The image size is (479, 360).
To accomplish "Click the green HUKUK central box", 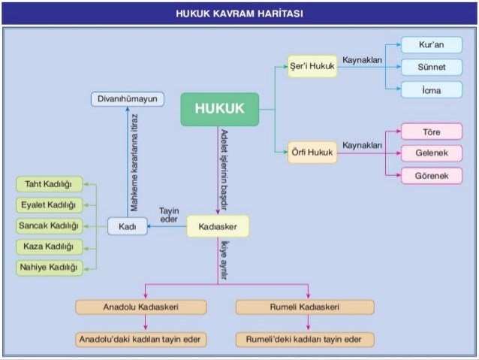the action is click(219, 109).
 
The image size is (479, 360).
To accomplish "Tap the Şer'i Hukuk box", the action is click(312, 66).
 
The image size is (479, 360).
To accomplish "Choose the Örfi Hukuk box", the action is click(312, 153).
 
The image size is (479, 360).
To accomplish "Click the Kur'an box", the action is click(431, 45).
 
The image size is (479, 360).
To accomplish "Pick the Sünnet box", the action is click(431, 67).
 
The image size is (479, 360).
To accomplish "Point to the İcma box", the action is click(431, 89).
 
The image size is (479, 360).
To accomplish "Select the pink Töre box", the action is click(431, 132).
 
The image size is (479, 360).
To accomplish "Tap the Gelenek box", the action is click(431, 153).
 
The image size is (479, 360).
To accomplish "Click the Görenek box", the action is click(431, 175).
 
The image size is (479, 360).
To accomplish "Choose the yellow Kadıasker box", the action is click(218, 225).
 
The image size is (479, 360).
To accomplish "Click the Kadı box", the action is click(127, 225).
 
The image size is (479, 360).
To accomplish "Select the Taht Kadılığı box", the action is click(48, 184).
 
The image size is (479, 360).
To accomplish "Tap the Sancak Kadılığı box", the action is click(48, 225).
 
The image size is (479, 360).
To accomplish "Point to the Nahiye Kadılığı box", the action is click(48, 268).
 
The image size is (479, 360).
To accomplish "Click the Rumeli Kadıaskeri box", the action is click(304, 307).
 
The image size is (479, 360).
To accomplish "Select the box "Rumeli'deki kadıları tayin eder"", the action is click(304, 340).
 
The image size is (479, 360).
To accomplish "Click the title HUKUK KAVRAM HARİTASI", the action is click(239, 14).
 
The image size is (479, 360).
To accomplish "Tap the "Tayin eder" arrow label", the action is click(169, 214).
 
